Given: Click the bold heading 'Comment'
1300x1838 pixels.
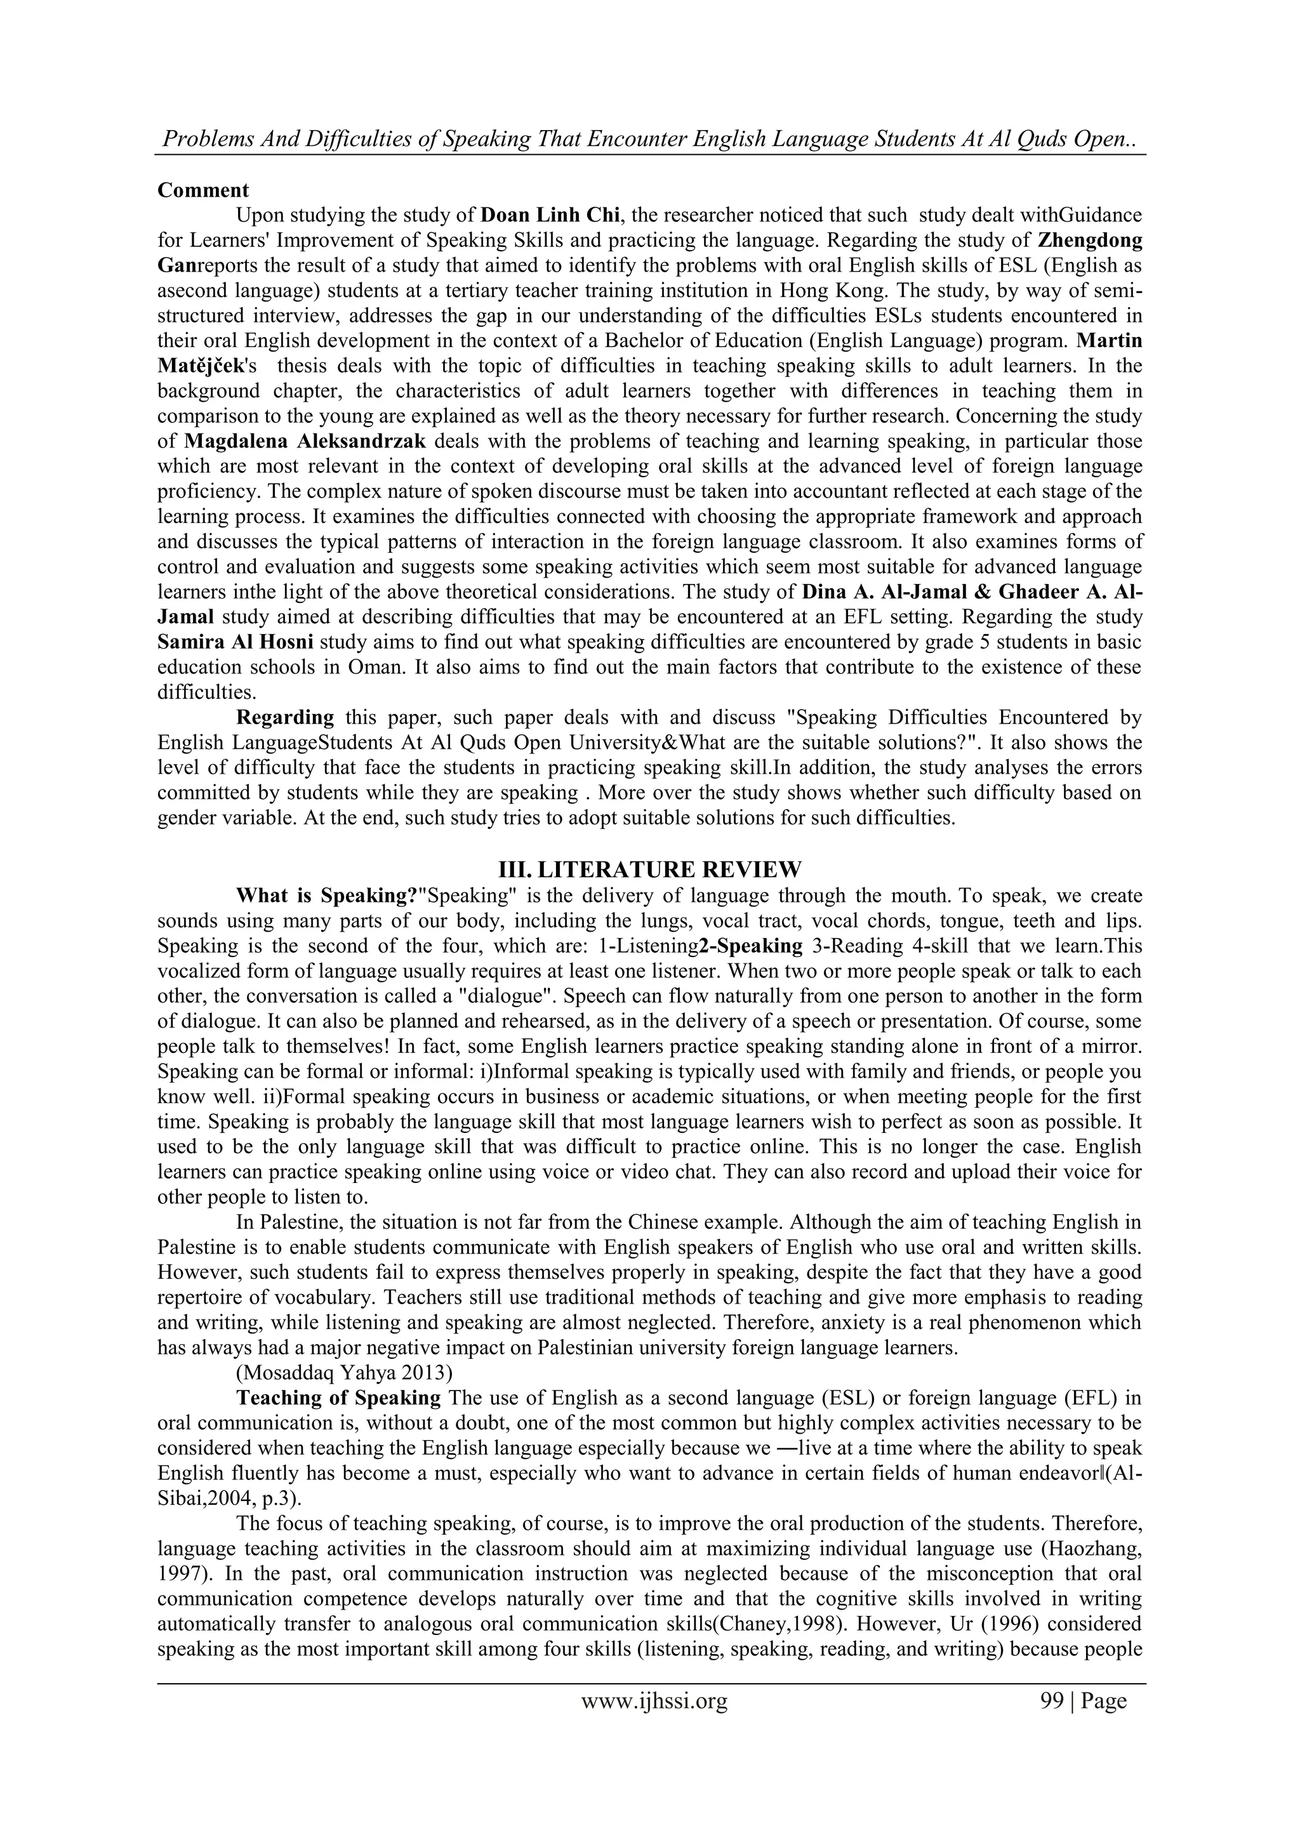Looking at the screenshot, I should click(203, 190).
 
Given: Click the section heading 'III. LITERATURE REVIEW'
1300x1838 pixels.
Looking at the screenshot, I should click(649, 869).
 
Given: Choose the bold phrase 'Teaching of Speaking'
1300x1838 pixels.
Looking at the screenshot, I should click(338, 1398).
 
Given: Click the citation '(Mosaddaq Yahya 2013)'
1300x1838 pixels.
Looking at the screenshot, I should click(343, 1373).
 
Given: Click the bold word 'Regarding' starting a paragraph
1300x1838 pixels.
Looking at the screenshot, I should click(285, 717).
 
